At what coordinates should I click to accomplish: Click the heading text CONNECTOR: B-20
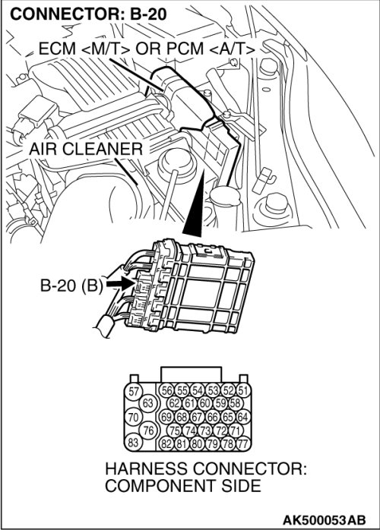point(88,14)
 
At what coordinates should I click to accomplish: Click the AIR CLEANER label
point(86,149)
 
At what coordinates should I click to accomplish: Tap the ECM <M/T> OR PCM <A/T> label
point(147,49)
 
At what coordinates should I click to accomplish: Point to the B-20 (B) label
point(71,286)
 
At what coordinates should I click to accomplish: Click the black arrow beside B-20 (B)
point(121,283)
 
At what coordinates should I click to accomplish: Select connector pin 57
point(134,391)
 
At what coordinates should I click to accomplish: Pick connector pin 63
point(148,403)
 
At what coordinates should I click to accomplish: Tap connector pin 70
point(134,417)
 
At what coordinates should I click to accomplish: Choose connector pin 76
point(148,430)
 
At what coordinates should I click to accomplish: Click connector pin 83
point(133,442)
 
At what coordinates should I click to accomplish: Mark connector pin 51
point(243,391)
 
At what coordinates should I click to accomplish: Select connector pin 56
point(167,391)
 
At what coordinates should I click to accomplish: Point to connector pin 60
point(204,403)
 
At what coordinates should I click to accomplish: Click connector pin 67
point(197,417)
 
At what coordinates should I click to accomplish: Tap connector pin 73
point(204,431)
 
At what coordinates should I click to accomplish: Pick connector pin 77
point(243,443)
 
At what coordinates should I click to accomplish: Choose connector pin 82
point(166,443)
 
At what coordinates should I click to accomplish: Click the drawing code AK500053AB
point(324,519)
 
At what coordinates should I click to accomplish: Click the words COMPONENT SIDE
point(183,486)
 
